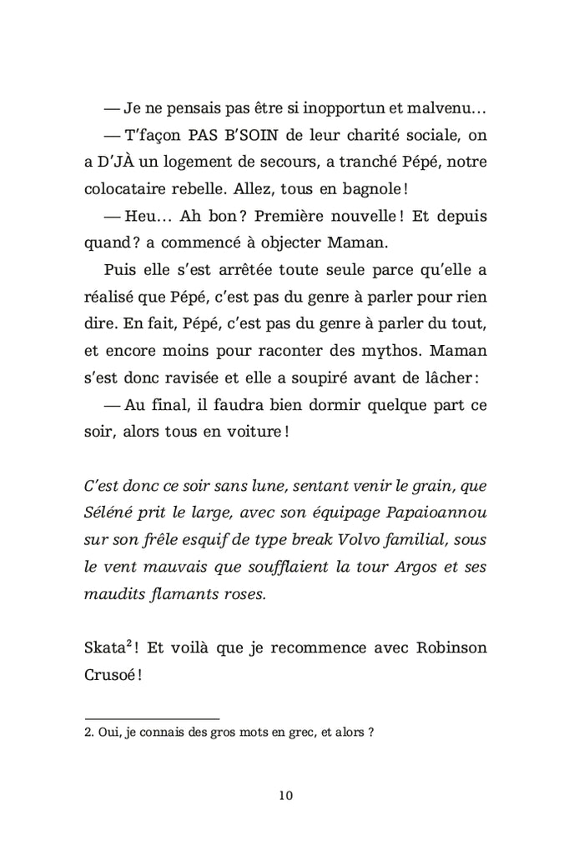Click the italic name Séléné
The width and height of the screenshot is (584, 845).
click(x=112, y=511)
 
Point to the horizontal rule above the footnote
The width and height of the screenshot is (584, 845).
click(x=152, y=718)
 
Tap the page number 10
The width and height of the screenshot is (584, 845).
click(x=285, y=794)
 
